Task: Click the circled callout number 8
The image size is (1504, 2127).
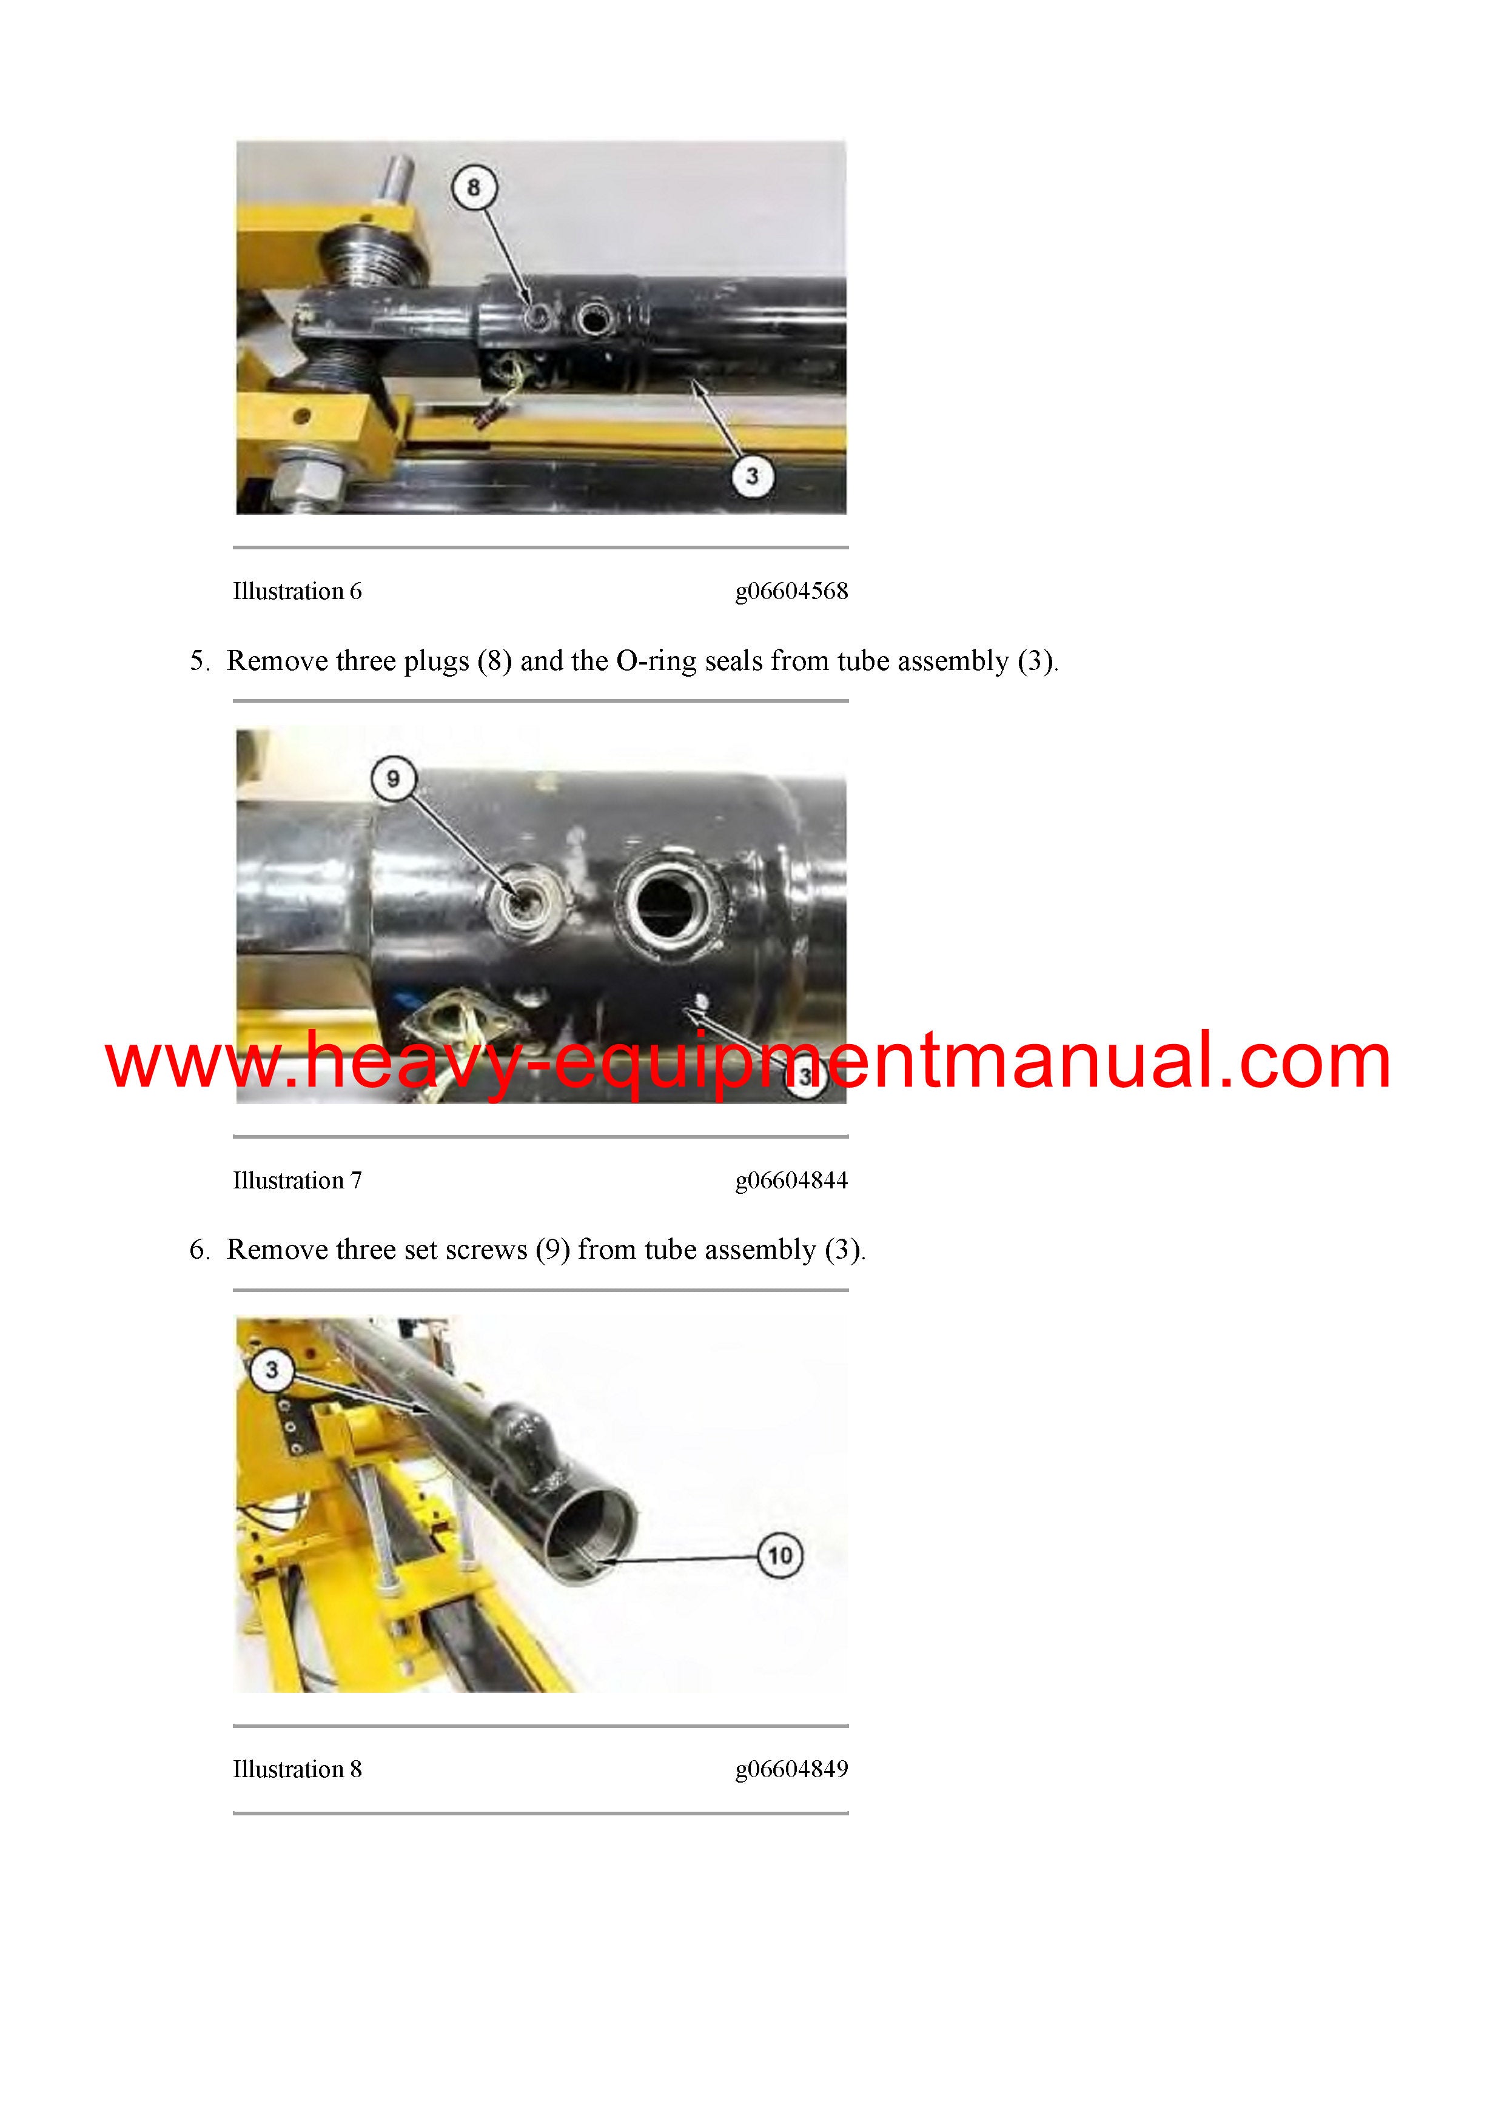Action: click(474, 187)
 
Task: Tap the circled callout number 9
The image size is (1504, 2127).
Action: click(393, 779)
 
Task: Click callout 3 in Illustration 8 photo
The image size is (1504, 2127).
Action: click(272, 1369)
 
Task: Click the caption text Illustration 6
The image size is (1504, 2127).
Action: click(297, 591)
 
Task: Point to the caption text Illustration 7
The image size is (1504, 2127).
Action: click(297, 1181)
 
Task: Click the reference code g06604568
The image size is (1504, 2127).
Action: click(791, 591)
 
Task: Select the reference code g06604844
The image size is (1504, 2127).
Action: click(791, 1181)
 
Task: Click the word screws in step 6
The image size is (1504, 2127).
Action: click(486, 1251)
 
